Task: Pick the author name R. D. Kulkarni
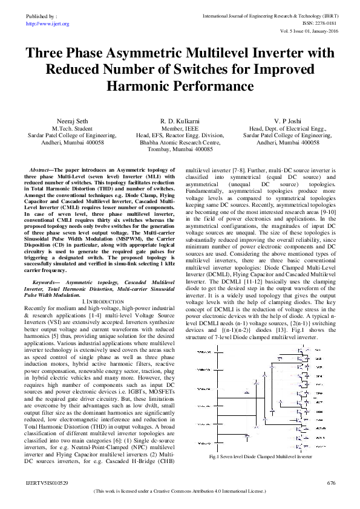pos(180,121)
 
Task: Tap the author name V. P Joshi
pos(288,121)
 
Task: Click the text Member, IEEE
pos(180,129)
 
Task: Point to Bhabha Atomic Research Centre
pos(180,143)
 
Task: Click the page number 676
pos(331,483)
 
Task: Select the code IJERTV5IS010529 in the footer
pos(47,483)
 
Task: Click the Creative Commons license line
pos(180,492)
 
